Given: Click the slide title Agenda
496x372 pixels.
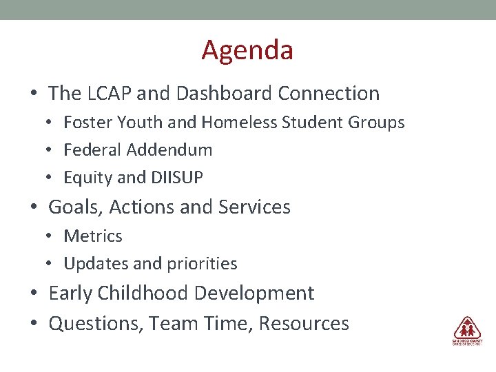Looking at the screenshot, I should (x=247, y=50).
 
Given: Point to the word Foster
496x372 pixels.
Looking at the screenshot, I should (x=84, y=123).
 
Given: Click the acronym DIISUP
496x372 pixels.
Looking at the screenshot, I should (x=176, y=178).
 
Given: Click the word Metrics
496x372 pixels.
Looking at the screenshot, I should (x=93, y=236).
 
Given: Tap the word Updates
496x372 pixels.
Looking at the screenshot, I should (x=91, y=264).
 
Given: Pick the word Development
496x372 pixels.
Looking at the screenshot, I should (x=254, y=293).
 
